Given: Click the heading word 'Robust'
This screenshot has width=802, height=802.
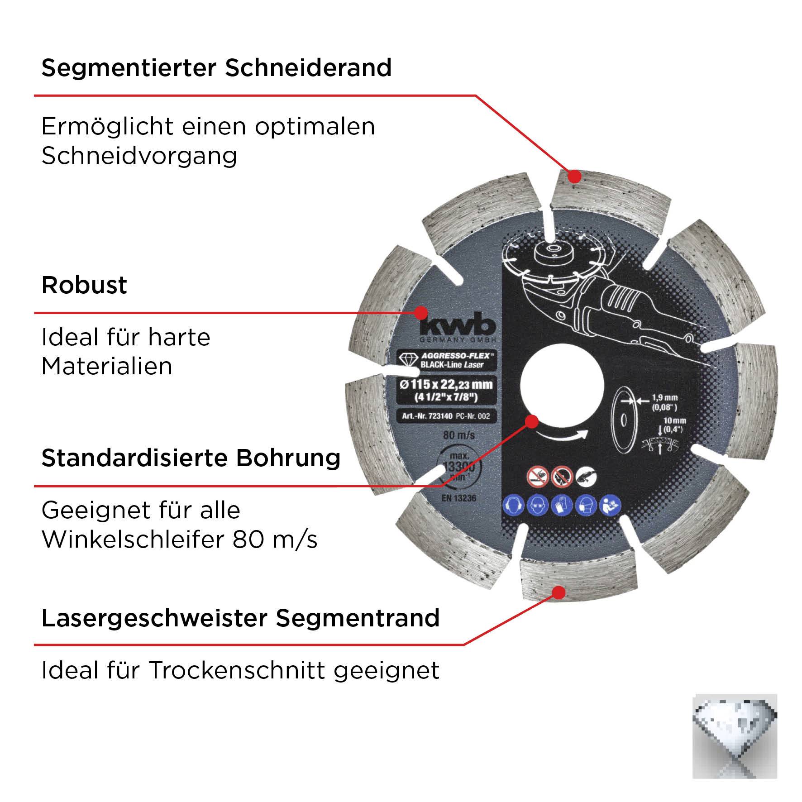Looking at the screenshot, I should point(84,285).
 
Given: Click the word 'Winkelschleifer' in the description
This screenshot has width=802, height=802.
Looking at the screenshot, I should point(133,539).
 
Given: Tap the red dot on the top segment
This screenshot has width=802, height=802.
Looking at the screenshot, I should point(574,176).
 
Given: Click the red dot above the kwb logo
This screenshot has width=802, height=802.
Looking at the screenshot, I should point(421,312).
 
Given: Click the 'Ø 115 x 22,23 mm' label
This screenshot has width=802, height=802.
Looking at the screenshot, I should point(444,385).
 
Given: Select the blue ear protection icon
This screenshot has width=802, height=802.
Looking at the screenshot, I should point(513,505).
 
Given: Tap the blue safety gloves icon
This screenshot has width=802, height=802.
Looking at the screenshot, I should point(562,505).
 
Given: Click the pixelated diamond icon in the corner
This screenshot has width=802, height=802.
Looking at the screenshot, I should point(734,736).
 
